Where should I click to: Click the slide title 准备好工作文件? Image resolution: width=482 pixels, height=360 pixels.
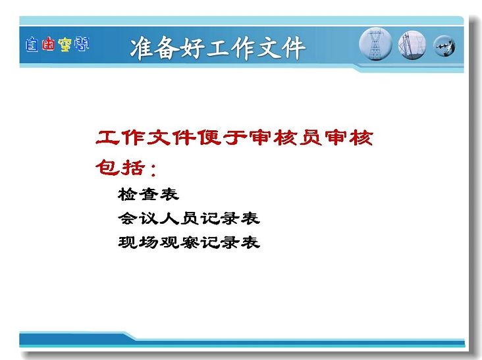pos(218,48)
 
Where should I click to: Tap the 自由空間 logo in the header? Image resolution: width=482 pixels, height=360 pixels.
pos(57,45)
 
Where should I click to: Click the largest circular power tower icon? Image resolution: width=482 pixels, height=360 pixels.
pos(375,44)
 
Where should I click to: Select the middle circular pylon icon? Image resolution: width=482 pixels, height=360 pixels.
pos(412,45)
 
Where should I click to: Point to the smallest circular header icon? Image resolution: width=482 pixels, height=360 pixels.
pos(444,46)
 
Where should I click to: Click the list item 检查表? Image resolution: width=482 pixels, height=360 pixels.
pos(148,194)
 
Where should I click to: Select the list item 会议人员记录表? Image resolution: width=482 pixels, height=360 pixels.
pos(189,219)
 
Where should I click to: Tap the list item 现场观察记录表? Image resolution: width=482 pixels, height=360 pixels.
pos(189,242)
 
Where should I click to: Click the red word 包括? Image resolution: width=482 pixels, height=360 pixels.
pos(120,167)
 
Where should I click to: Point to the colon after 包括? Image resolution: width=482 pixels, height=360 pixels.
pos(153,170)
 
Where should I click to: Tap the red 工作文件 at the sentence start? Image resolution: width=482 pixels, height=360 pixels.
pos(146,138)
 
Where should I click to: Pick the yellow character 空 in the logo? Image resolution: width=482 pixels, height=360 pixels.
pos(65,45)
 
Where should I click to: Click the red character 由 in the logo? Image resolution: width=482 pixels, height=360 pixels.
pos(49,45)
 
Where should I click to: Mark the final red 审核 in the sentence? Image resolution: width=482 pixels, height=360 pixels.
pos(349,138)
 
